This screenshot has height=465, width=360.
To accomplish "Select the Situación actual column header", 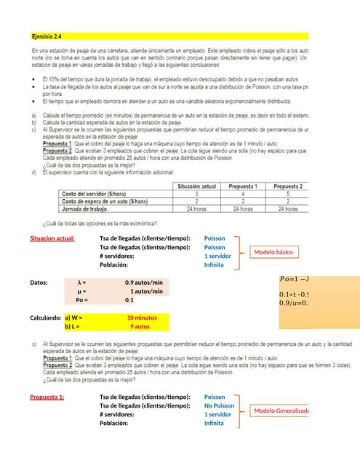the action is [198, 186].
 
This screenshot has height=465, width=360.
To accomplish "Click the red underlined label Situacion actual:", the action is [52, 238].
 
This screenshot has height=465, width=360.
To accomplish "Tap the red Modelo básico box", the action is [273, 252].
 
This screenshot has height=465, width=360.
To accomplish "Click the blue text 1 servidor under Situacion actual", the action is [217, 256].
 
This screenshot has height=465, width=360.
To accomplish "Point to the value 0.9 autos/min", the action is [144, 282].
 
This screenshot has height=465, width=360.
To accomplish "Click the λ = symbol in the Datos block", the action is [81, 282].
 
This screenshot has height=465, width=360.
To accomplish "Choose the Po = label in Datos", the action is [82, 299].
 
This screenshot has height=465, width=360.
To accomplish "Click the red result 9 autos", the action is [140, 326].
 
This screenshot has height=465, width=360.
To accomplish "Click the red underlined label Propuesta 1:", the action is [47, 397].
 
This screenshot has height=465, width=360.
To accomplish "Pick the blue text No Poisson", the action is [219, 406].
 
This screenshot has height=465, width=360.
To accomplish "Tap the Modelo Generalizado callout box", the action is [281, 411].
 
